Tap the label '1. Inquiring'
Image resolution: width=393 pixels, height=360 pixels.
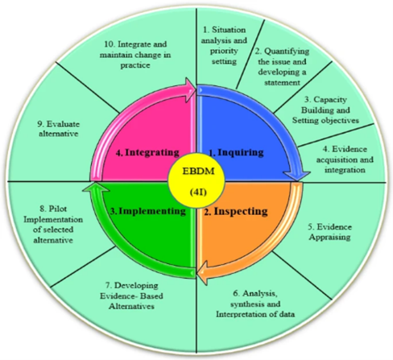click(237, 152)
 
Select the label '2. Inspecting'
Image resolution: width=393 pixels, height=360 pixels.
click(236, 211)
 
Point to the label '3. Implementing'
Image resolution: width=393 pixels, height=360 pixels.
click(148, 211)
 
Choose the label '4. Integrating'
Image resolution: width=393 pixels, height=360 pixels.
click(147, 152)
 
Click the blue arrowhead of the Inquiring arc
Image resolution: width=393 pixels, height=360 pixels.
click(296, 176)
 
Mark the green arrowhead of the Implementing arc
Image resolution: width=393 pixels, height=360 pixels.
click(96, 187)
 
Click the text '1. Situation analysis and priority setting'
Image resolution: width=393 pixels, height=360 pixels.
click(224, 45)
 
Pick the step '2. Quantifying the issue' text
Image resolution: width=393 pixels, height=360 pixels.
click(282, 67)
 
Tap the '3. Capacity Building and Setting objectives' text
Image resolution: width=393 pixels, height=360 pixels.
click(325, 110)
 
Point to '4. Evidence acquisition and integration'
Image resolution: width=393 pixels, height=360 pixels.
click(345, 159)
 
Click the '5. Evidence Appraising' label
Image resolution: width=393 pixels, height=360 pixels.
click(329, 232)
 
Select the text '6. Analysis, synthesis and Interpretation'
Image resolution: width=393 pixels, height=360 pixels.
click(255, 304)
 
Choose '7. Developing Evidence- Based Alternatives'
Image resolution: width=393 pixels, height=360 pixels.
click(131, 296)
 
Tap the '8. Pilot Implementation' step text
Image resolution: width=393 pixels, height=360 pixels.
click(53, 224)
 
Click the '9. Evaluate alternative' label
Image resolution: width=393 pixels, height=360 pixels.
click(59, 129)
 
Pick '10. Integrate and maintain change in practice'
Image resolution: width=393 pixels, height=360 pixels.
click(135, 55)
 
